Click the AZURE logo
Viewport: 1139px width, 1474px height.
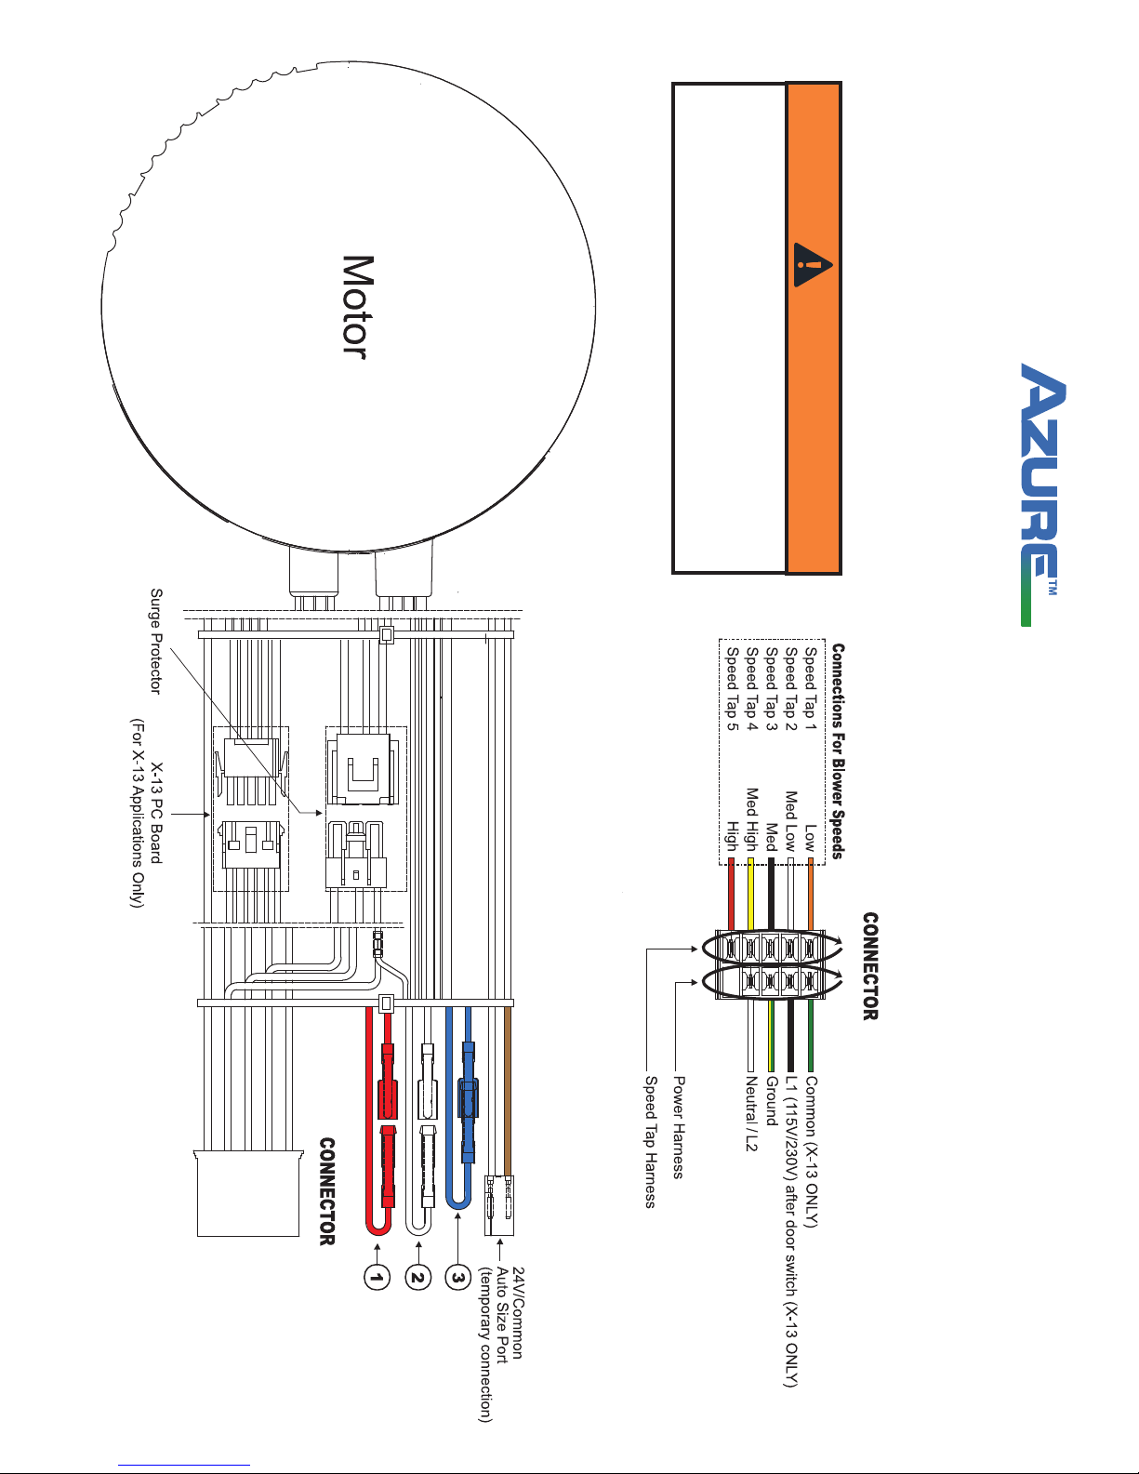coord(1042,494)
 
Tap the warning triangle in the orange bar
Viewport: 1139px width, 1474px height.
coord(812,264)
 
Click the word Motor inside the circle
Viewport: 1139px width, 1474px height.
coord(357,307)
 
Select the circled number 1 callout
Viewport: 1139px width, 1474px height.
coord(377,1278)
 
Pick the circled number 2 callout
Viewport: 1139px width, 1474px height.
coord(418,1278)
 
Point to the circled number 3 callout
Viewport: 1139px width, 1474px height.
coord(458,1278)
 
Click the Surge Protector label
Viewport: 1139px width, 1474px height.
coord(156,641)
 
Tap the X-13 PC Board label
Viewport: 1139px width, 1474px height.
coord(156,813)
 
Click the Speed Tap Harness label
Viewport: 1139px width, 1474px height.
coord(650,1142)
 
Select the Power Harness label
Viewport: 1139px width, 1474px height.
coord(679,1127)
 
